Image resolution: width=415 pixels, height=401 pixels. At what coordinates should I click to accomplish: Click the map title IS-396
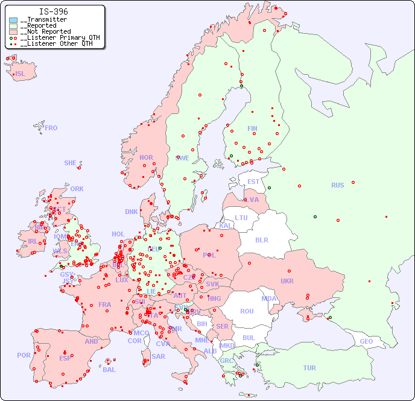[x=53, y=11]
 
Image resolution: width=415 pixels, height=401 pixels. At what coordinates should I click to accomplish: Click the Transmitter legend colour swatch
[x=13, y=20]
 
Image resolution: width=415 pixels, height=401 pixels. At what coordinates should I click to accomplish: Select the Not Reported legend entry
[x=45, y=31]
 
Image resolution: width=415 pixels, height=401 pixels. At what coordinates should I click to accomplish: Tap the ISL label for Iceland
[x=21, y=74]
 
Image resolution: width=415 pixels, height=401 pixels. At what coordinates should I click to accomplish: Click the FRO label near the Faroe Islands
[x=51, y=128]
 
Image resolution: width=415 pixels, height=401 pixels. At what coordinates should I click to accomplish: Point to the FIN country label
[x=252, y=128]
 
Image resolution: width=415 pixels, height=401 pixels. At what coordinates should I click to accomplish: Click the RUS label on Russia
[x=337, y=185]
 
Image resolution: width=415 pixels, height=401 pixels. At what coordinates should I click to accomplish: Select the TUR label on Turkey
[x=309, y=368]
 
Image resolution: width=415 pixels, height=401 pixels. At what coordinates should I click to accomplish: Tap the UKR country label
[x=287, y=281]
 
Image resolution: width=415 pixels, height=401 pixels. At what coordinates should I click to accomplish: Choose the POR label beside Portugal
[x=24, y=355]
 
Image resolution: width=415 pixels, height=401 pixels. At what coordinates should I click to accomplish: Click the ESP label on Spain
[x=65, y=358]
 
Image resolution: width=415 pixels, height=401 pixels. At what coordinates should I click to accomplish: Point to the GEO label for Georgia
[x=366, y=341]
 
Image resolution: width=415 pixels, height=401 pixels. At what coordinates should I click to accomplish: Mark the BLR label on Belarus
[x=261, y=239]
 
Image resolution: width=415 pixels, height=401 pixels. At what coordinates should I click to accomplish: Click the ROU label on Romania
[x=247, y=311]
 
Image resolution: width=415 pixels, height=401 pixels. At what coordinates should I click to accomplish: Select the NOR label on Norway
[x=146, y=157]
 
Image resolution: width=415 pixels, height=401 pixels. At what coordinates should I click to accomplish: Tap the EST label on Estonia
[x=253, y=182]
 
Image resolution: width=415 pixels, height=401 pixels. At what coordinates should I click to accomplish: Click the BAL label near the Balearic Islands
[x=109, y=370]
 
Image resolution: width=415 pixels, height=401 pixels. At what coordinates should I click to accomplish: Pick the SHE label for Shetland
[x=71, y=163]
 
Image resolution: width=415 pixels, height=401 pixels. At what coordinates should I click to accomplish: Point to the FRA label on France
[x=105, y=305]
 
